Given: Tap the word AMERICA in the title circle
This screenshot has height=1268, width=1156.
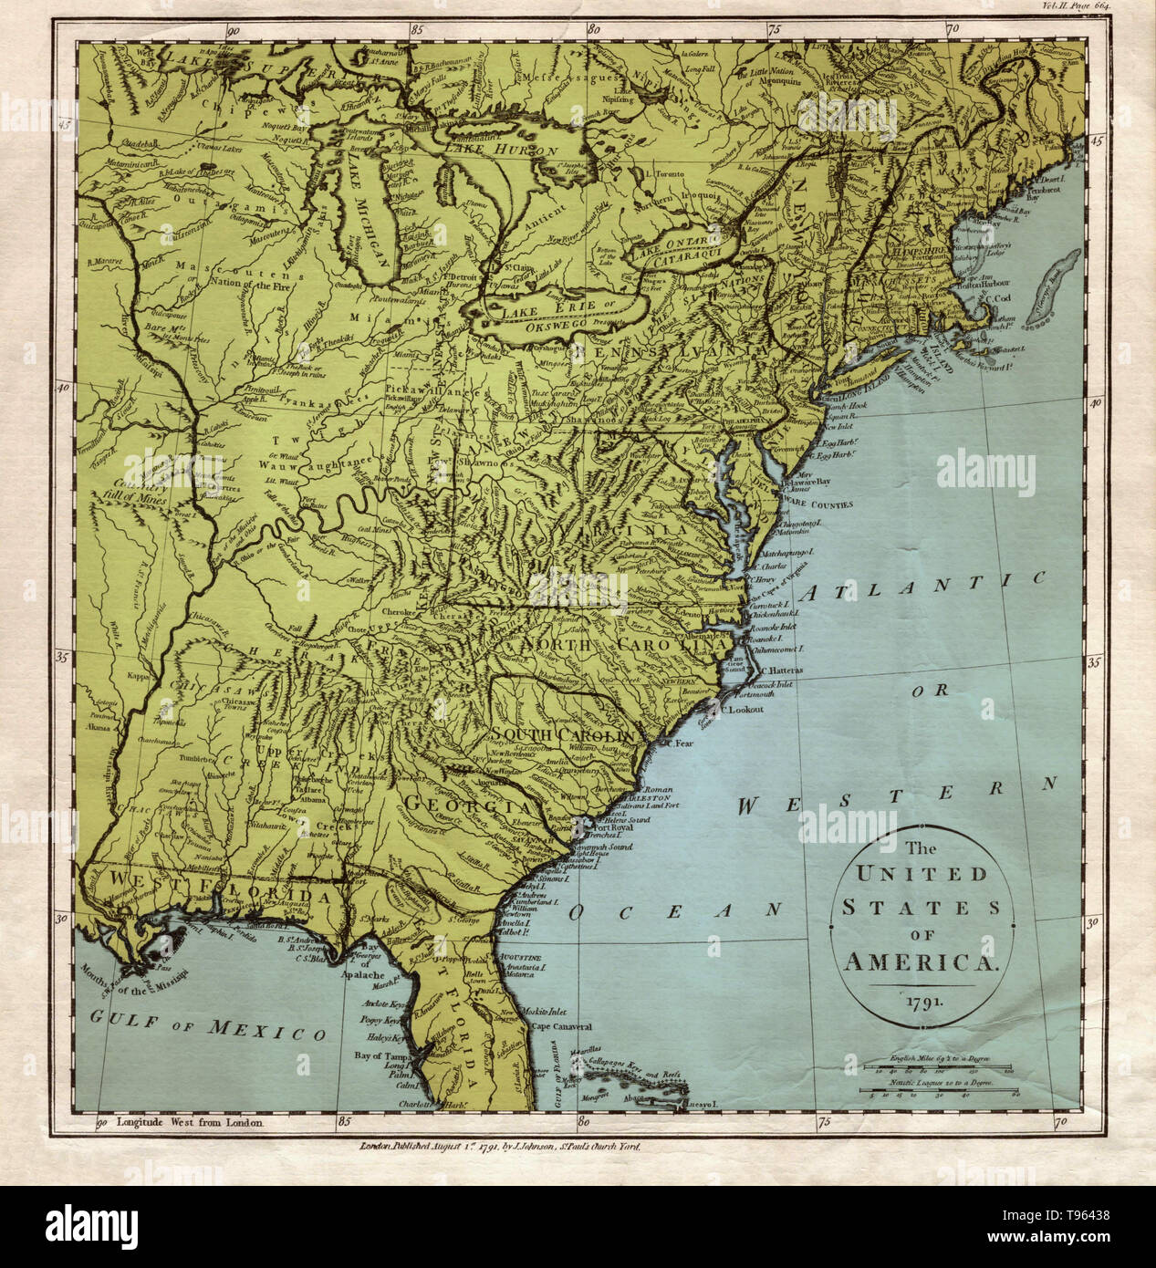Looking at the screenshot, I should (922, 961).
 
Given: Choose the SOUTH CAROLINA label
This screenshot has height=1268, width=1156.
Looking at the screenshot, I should (563, 734).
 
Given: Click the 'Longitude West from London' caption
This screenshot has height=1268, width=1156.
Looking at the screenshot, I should (189, 1124).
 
